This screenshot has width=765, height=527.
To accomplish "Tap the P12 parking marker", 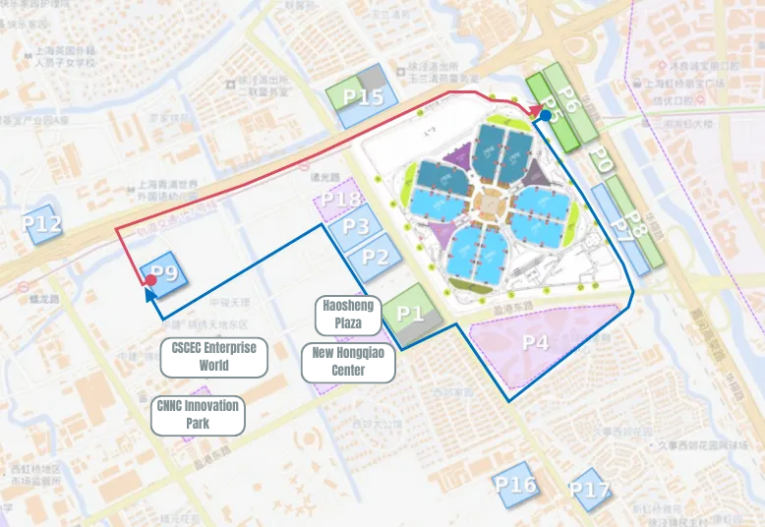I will pyautogui.click(x=41, y=224).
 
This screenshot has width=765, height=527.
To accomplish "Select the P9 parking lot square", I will pyautogui.click(x=164, y=274).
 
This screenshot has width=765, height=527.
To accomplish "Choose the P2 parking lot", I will pyautogui.click(x=374, y=257).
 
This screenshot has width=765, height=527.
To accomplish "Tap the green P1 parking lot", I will pyautogui.click(x=410, y=314).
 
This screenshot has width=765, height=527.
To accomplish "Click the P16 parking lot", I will pyautogui.click(x=515, y=485).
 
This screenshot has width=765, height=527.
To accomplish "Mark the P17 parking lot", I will pyautogui.click(x=588, y=490).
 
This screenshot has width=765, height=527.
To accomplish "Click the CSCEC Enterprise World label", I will pyautogui.click(x=213, y=357).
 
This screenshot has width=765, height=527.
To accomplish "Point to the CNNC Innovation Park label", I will pyautogui.click(x=197, y=414).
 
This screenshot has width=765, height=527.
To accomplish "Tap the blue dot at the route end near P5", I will pyautogui.click(x=545, y=115).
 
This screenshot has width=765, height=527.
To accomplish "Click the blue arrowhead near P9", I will pyautogui.click(x=149, y=293).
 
